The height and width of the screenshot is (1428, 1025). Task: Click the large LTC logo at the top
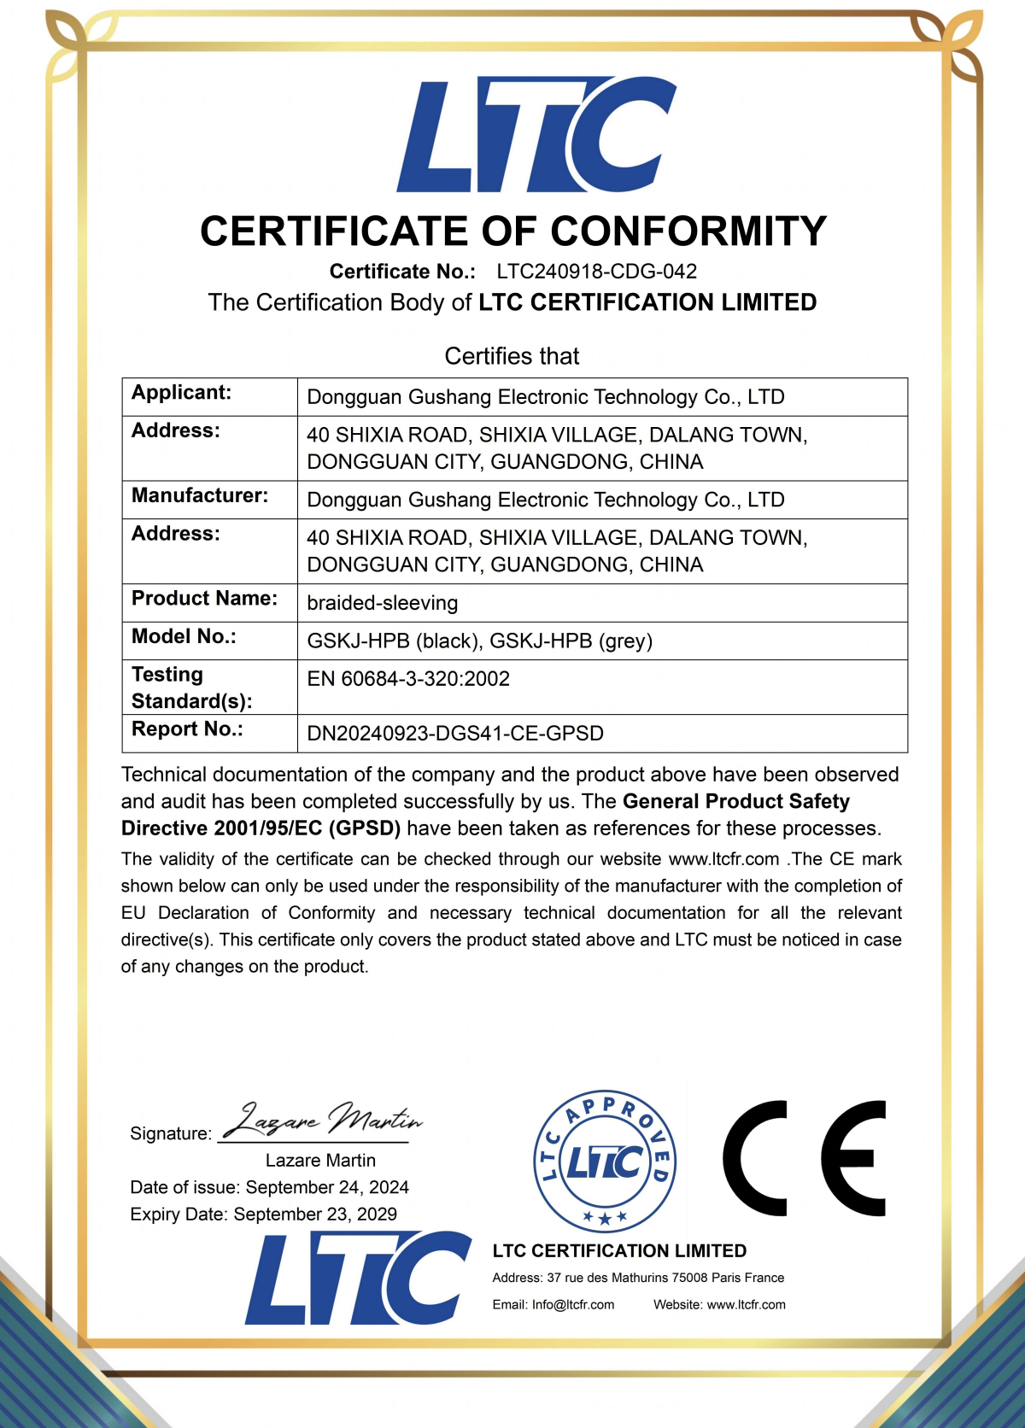click(536, 135)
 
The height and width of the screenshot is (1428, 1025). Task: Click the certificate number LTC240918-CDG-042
click(596, 272)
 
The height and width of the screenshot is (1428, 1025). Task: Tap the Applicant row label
click(181, 393)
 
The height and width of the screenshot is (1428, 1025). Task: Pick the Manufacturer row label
click(199, 495)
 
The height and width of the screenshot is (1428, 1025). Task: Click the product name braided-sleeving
click(382, 603)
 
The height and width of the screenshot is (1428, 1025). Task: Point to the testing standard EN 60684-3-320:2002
click(408, 679)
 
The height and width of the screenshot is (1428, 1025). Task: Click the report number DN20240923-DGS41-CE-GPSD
click(455, 734)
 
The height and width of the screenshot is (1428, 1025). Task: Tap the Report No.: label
click(187, 729)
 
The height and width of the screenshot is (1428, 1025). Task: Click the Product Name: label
click(204, 599)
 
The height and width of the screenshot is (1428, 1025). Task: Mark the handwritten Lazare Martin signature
click(322, 1121)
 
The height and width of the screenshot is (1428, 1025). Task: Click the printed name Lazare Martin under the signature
click(320, 1161)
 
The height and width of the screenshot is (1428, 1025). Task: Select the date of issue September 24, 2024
click(326, 1187)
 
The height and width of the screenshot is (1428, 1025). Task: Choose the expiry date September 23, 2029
click(315, 1214)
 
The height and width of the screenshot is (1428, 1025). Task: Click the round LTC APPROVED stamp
click(605, 1162)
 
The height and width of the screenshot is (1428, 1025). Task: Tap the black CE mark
click(804, 1159)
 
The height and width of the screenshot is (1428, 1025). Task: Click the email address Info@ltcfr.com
click(572, 1305)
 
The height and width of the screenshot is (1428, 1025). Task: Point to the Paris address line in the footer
click(638, 1278)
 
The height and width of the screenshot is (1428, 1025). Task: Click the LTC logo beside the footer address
click(358, 1279)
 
